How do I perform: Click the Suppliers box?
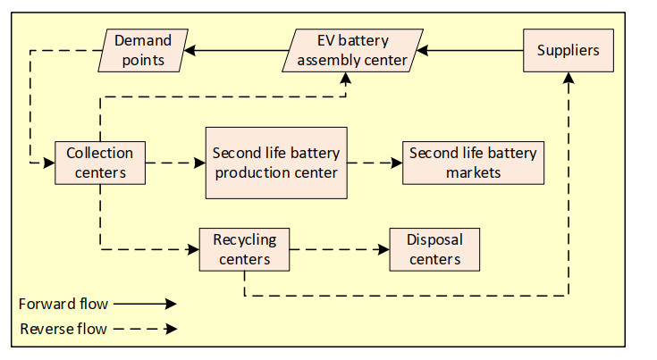pos(569,51)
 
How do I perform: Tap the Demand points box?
pos(143,51)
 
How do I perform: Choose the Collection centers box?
pos(99,163)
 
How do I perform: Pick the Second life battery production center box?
pos(275,163)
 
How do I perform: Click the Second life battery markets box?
pos(473,163)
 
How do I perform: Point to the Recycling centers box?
pos(244,249)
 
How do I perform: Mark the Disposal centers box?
pos(434,249)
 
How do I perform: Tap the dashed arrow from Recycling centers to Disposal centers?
pos(340,249)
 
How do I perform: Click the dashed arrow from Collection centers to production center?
pos(175,163)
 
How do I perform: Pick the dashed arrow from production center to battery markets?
pos(375,163)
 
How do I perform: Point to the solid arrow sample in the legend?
pos(145,304)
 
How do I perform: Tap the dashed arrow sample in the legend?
pos(145,329)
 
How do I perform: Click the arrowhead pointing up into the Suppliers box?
pos(569,79)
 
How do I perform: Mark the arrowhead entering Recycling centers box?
pos(192,249)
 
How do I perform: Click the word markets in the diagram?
pos(473,172)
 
